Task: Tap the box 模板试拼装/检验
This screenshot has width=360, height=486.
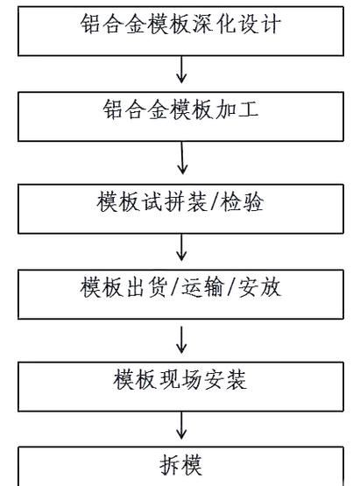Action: (180, 206)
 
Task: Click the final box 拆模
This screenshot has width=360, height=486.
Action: (180, 463)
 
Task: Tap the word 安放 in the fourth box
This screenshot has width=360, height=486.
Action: (259, 287)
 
